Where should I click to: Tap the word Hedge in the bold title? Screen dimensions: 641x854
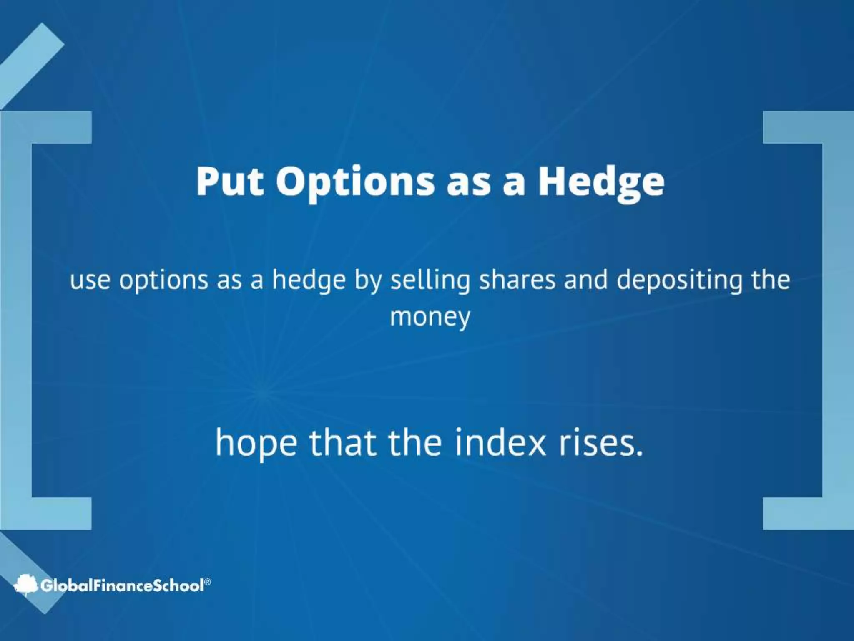coord(601,182)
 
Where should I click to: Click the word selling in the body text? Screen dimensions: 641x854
coord(430,280)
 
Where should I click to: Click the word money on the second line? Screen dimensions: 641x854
coord(430,317)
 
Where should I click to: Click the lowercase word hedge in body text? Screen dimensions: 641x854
coord(309,280)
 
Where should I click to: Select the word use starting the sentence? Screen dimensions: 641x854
coord(90,280)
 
